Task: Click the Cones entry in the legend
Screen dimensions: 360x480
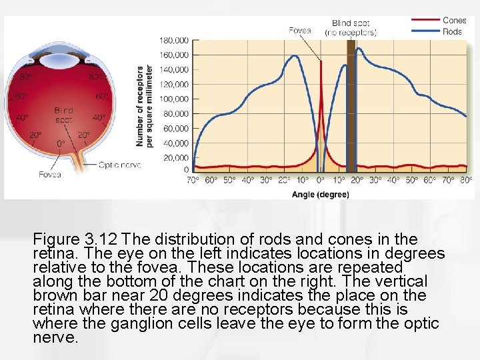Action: (x=454, y=20)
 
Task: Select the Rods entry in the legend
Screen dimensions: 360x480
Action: (x=453, y=31)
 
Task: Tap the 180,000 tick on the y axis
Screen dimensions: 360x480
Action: (x=173, y=40)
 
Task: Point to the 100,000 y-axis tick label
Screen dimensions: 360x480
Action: (x=173, y=99)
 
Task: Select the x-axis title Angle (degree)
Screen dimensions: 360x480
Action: (x=320, y=195)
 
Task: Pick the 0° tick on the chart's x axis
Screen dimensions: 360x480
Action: (x=320, y=180)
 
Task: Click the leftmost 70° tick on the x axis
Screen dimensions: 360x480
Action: (x=192, y=180)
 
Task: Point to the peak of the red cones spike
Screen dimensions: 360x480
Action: (x=321, y=62)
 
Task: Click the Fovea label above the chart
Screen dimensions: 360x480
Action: (x=299, y=29)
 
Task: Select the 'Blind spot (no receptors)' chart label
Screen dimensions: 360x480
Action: (x=351, y=27)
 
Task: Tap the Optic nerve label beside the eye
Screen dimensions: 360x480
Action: (x=119, y=164)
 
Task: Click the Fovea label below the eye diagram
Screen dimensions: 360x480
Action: (x=49, y=175)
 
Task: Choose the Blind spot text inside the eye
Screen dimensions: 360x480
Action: (x=63, y=115)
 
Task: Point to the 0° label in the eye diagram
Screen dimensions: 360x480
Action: (x=61, y=143)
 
